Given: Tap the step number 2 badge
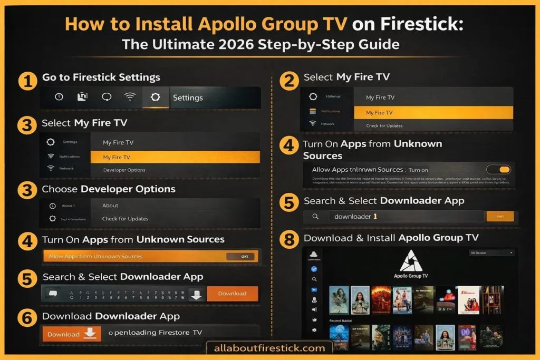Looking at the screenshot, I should pyautogui.click(x=288, y=81).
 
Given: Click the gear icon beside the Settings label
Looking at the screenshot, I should pyautogui.click(x=155, y=97).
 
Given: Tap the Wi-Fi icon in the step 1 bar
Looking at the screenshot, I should pyautogui.click(x=129, y=97).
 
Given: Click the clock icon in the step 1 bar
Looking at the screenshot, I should pyautogui.click(x=59, y=97).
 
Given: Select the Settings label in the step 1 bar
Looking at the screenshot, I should pyautogui.click(x=188, y=98).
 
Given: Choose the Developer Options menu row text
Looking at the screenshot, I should pyautogui.click(x=124, y=170).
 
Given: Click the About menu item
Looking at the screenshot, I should pyautogui.click(x=110, y=206).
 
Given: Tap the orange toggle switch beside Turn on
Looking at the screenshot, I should pyautogui.click(x=498, y=170).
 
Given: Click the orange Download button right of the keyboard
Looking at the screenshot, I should pyautogui.click(x=232, y=294).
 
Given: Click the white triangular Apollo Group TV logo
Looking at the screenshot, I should pyautogui.click(x=411, y=261).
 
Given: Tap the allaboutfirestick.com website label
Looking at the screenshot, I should pyautogui.click(x=269, y=348).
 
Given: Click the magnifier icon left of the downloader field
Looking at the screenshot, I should pyautogui.click(x=315, y=217).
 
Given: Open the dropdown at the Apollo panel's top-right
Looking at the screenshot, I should pyautogui.click(x=491, y=253).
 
